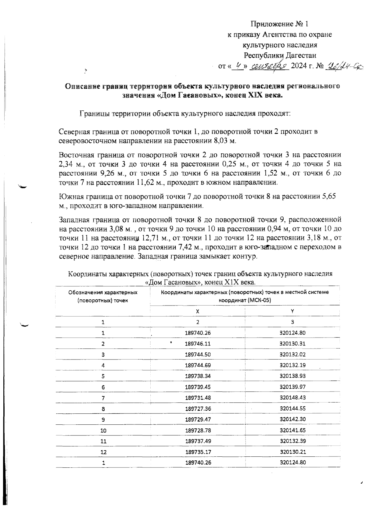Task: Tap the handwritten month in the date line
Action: (269, 66)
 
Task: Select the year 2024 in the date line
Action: (300, 66)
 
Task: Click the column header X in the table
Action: (198, 311)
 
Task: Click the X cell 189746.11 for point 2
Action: (198, 344)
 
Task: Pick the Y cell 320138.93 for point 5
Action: (292, 376)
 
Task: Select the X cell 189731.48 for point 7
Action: (198, 398)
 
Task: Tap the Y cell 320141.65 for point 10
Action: (292, 430)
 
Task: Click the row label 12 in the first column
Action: (103, 452)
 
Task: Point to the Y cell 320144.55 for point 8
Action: (292, 409)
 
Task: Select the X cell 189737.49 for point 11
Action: (198, 441)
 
